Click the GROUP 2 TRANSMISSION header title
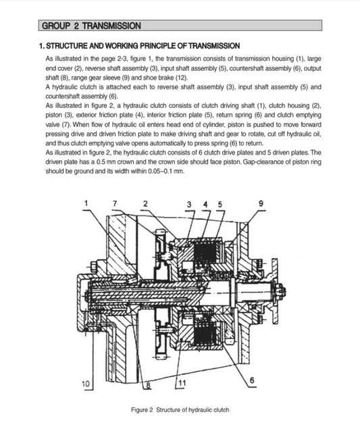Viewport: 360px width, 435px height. [91, 26]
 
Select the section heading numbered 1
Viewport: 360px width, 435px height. [138, 46]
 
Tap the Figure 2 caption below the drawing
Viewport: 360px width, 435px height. [180, 410]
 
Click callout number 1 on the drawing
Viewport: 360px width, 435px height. [86, 202]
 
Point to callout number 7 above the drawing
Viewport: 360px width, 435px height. [115, 202]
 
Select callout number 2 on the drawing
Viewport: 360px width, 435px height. [145, 202]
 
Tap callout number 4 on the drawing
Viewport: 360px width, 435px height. [205, 203]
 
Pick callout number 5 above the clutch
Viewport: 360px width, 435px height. [220, 203]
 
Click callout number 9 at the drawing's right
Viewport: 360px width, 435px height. [261, 203]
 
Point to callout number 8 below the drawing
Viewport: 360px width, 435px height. [148, 386]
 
